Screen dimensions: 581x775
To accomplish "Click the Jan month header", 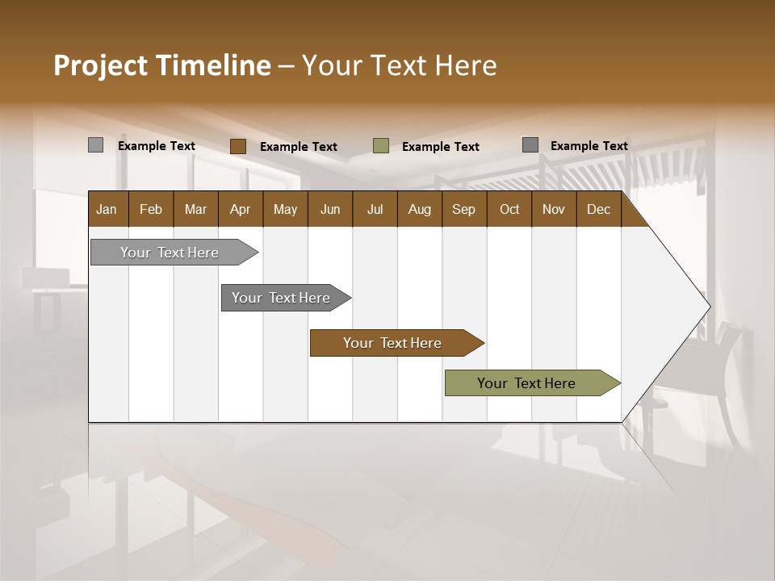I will pyautogui.click(x=107, y=209).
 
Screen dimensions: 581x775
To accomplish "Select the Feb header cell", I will pyautogui.click(x=151, y=209).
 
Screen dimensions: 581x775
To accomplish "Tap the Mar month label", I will pyautogui.click(x=195, y=209).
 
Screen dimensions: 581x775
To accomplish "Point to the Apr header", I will pyautogui.click(x=240, y=209).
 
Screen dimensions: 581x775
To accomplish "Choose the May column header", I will pyautogui.click(x=285, y=209).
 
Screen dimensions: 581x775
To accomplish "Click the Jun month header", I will pyautogui.click(x=330, y=209).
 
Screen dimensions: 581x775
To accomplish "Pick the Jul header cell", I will pyautogui.click(x=375, y=209).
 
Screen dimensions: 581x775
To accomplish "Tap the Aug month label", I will pyautogui.click(x=419, y=209).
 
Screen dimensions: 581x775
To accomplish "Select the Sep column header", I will pyautogui.click(x=463, y=209).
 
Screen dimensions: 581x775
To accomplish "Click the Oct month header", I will pyautogui.click(x=509, y=209).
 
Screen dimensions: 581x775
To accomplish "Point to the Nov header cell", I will pyautogui.click(x=554, y=209).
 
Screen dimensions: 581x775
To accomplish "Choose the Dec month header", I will pyautogui.click(x=598, y=209).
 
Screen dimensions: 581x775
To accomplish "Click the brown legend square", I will pyautogui.click(x=237, y=146).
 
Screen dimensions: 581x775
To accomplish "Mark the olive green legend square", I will pyautogui.click(x=381, y=146).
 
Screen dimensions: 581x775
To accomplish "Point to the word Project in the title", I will pyautogui.click(x=100, y=65).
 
